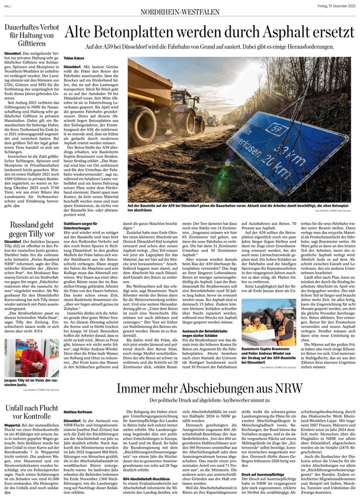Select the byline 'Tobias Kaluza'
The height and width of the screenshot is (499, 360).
tap(75, 58)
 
